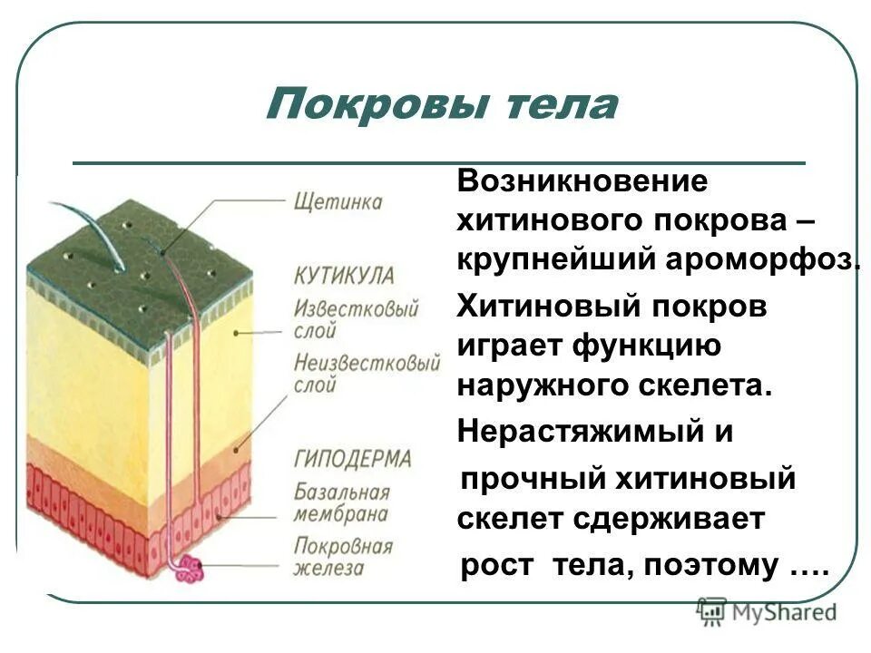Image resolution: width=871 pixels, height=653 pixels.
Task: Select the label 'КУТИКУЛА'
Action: tap(344, 275)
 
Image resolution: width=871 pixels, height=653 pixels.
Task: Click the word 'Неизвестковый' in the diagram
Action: tap(367, 364)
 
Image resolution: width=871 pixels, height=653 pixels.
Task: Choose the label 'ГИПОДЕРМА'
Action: tap(353, 458)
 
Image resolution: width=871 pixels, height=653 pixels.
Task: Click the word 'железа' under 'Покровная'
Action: tap(328, 569)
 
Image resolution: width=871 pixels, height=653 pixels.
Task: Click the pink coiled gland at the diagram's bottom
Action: tap(191, 570)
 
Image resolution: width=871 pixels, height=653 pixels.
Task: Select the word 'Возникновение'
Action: tap(582, 180)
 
